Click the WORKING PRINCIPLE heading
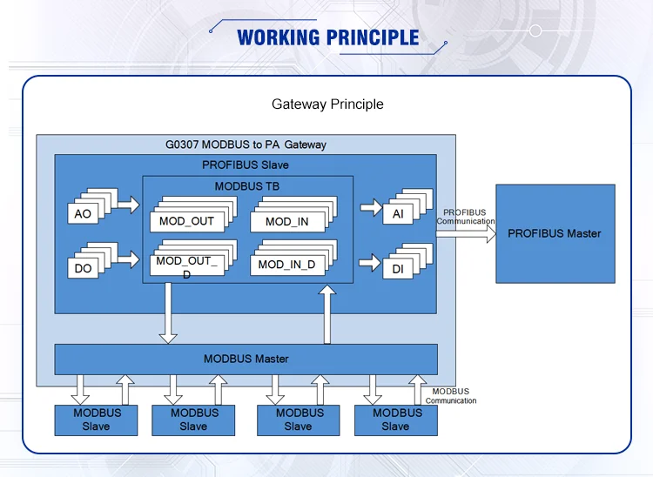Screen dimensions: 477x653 pos(327,37)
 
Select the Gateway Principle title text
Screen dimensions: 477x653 pos(327,104)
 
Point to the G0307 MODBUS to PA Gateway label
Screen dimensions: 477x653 pos(246,144)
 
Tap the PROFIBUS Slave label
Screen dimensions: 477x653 pos(246,165)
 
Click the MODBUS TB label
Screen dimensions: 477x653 pos(247,186)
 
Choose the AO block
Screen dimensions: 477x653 pos(83,214)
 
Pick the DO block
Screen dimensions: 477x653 pos(83,268)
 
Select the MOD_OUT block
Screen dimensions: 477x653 pos(186,221)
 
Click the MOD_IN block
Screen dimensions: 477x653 pos(286,222)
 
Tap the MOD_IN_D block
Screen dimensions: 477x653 pos(286,265)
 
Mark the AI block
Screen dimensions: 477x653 pos(398,214)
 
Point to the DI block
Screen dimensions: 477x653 pos(398,270)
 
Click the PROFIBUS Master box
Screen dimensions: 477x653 pos(555,233)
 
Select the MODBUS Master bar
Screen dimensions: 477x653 pos(246,359)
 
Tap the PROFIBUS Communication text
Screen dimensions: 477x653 pos(465,217)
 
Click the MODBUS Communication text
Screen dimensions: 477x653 pos(451,396)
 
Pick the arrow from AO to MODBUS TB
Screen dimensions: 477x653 pos(127,205)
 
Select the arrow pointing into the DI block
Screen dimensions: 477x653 pos(370,262)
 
